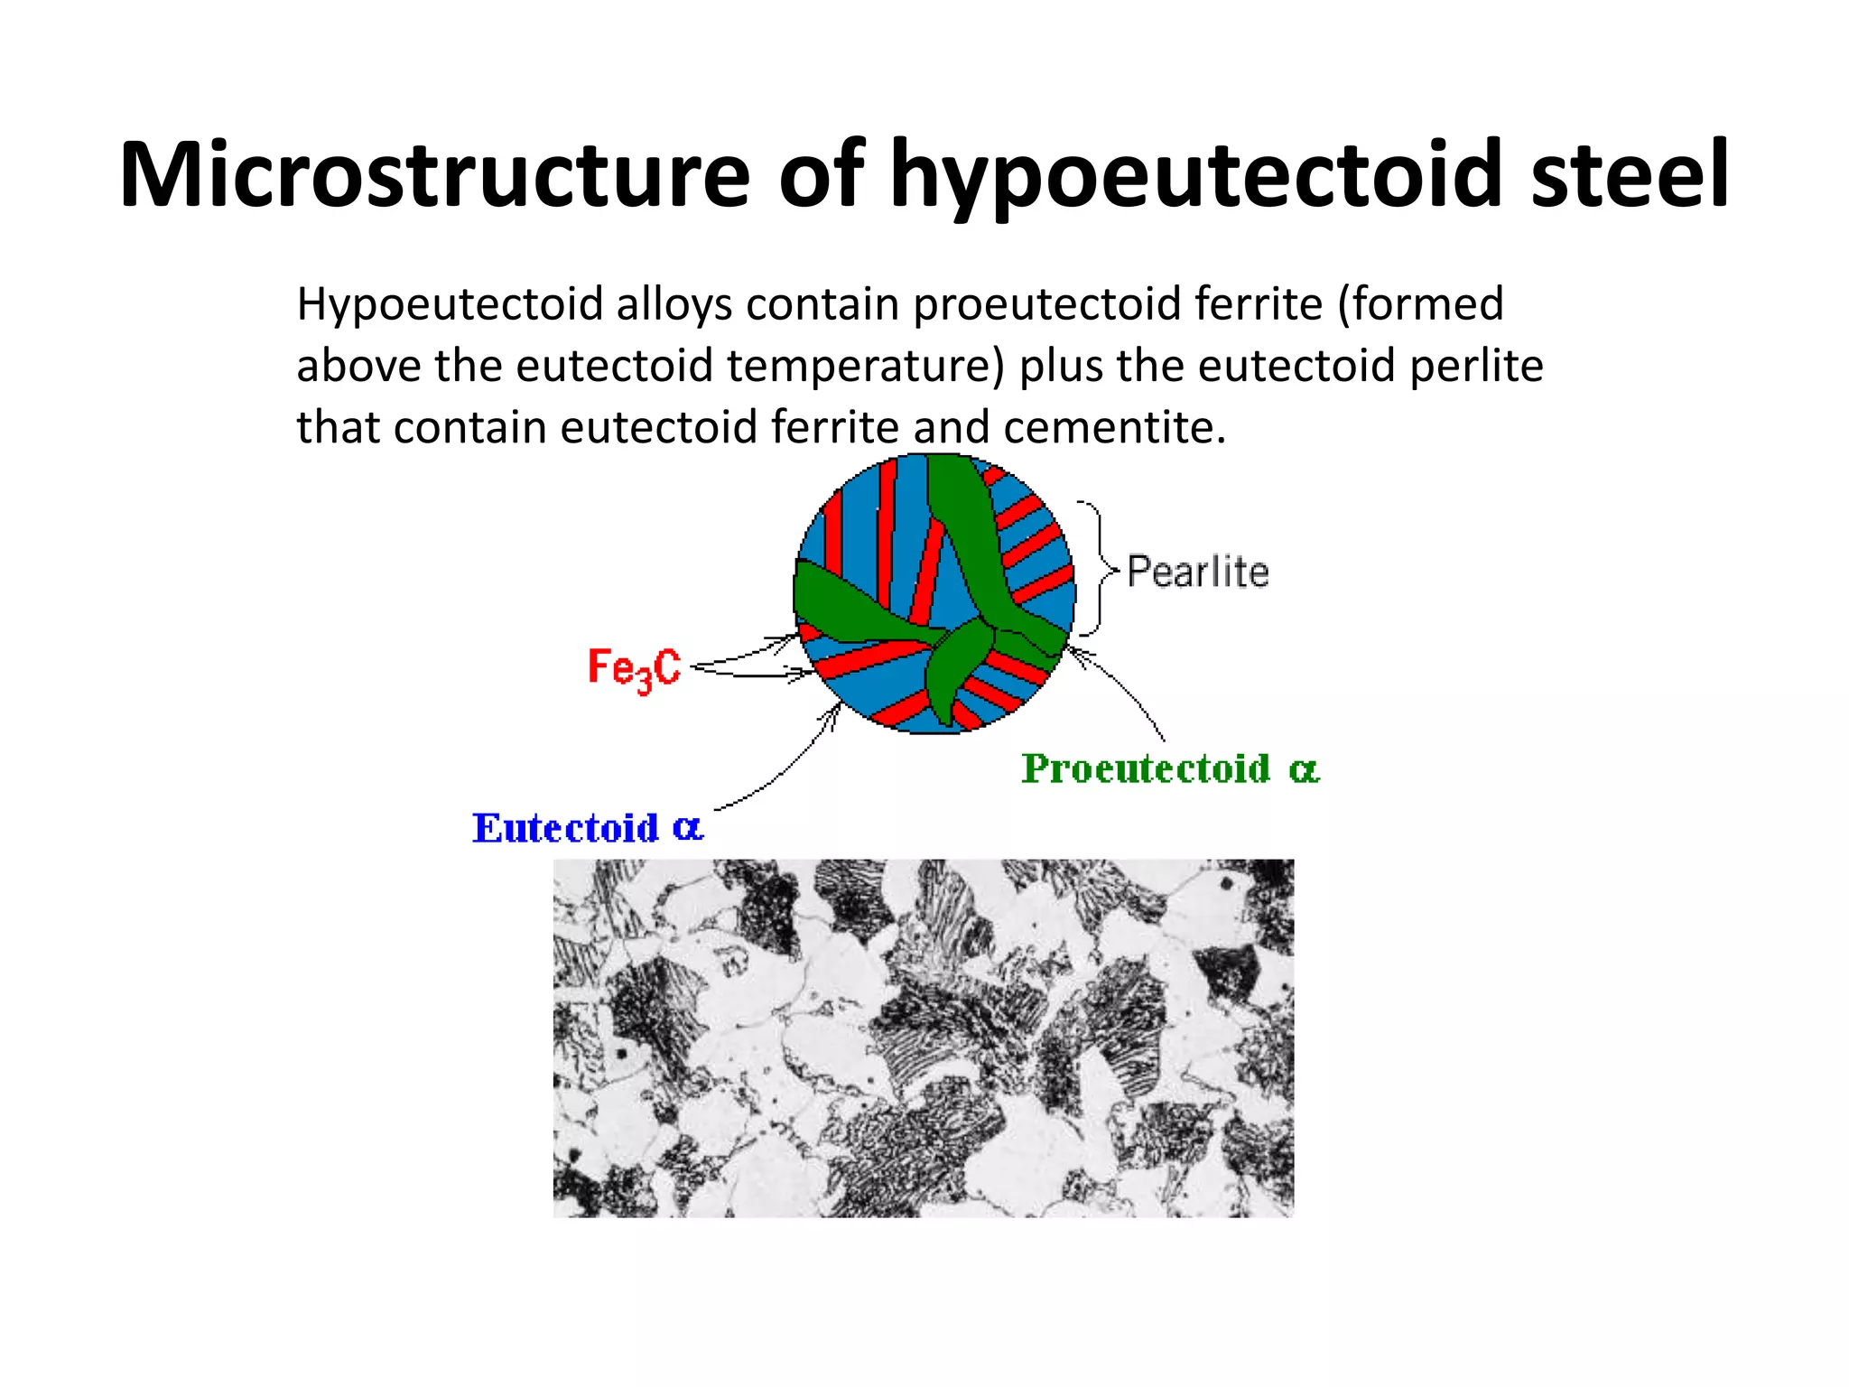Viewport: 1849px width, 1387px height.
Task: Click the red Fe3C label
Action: click(x=634, y=669)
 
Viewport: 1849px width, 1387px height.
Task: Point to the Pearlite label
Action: click(x=1198, y=572)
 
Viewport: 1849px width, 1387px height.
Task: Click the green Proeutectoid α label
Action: click(x=1170, y=769)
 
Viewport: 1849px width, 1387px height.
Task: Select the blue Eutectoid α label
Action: click(x=587, y=828)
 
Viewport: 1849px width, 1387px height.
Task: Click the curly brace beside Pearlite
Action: click(x=1096, y=569)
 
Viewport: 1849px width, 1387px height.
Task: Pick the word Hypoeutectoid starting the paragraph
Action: click(x=450, y=305)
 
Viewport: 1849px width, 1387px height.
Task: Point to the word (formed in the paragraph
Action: click(x=1420, y=304)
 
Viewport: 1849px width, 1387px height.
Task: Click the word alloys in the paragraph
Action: click(x=674, y=304)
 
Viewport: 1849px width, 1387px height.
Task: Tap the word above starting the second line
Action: click(x=358, y=366)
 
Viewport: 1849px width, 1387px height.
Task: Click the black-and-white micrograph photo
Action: click(x=923, y=1038)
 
